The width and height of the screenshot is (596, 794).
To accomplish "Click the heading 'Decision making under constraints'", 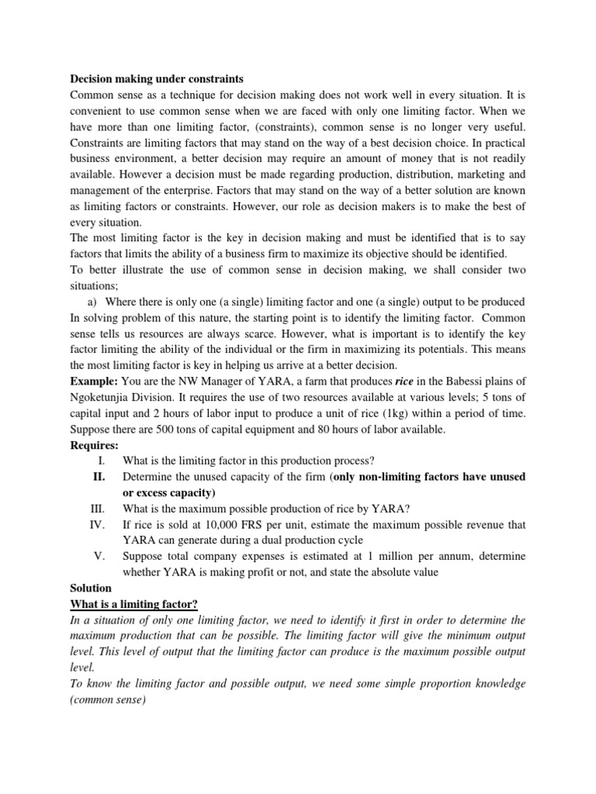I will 157,78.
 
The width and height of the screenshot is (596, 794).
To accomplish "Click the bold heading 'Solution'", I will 91,589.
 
